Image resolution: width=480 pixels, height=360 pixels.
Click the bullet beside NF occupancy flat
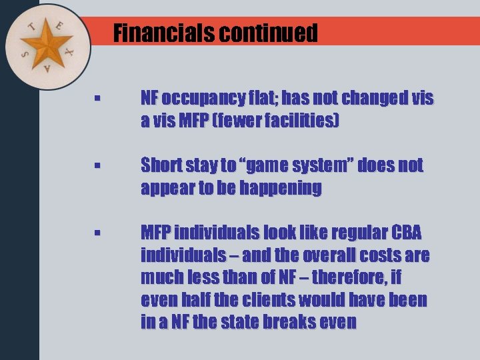[x=97, y=100]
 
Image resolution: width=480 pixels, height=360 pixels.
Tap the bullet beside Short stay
[x=97, y=166]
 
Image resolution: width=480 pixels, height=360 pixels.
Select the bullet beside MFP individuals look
[x=97, y=233]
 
